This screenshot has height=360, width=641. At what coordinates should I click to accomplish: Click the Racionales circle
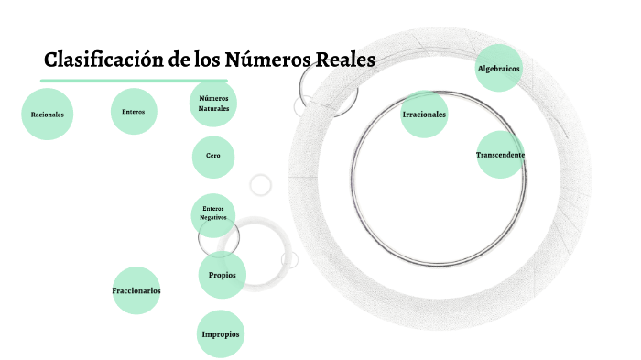[47, 115]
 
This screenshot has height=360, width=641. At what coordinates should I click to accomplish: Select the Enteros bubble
[134, 112]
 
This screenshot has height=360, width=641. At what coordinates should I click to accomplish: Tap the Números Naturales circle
[213, 103]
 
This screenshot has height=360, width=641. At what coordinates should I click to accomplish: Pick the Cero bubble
[213, 157]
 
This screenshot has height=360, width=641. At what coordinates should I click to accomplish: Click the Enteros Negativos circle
[213, 214]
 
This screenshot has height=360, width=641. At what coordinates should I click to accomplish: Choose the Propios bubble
[222, 275]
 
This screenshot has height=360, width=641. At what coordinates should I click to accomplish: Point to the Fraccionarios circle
[136, 290]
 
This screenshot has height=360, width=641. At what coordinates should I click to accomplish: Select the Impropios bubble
[221, 334]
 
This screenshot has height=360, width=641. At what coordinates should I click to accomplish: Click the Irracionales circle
[424, 115]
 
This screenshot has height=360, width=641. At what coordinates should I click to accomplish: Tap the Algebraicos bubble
[499, 69]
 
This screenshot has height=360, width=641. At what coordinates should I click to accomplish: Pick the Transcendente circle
[500, 155]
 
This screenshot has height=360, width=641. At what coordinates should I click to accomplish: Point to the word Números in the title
[266, 61]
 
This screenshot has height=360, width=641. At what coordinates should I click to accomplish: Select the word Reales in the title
[345, 61]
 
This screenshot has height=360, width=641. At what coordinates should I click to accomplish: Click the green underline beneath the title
[134, 81]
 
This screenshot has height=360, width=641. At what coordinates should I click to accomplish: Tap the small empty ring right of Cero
[261, 184]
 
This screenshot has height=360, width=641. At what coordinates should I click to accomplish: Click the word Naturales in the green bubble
[213, 108]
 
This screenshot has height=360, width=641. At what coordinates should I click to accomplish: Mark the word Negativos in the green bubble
[213, 219]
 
